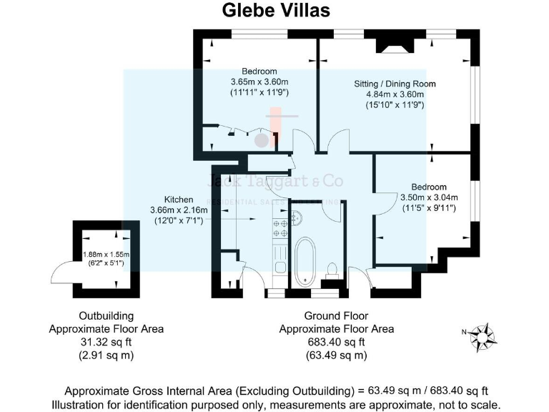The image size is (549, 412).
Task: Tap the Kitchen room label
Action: pos(178,200)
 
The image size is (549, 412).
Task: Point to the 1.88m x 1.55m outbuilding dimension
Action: pos(107,254)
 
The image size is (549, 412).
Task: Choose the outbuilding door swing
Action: pos(61,276)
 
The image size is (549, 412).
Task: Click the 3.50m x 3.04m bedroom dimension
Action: pos(428,197)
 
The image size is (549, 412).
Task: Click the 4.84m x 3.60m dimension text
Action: pos(395,94)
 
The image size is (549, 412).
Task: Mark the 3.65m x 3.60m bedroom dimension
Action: pos(259,82)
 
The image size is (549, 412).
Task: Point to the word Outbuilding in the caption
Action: pos(106,315)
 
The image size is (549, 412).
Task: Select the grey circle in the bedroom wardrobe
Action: pos(262,139)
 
